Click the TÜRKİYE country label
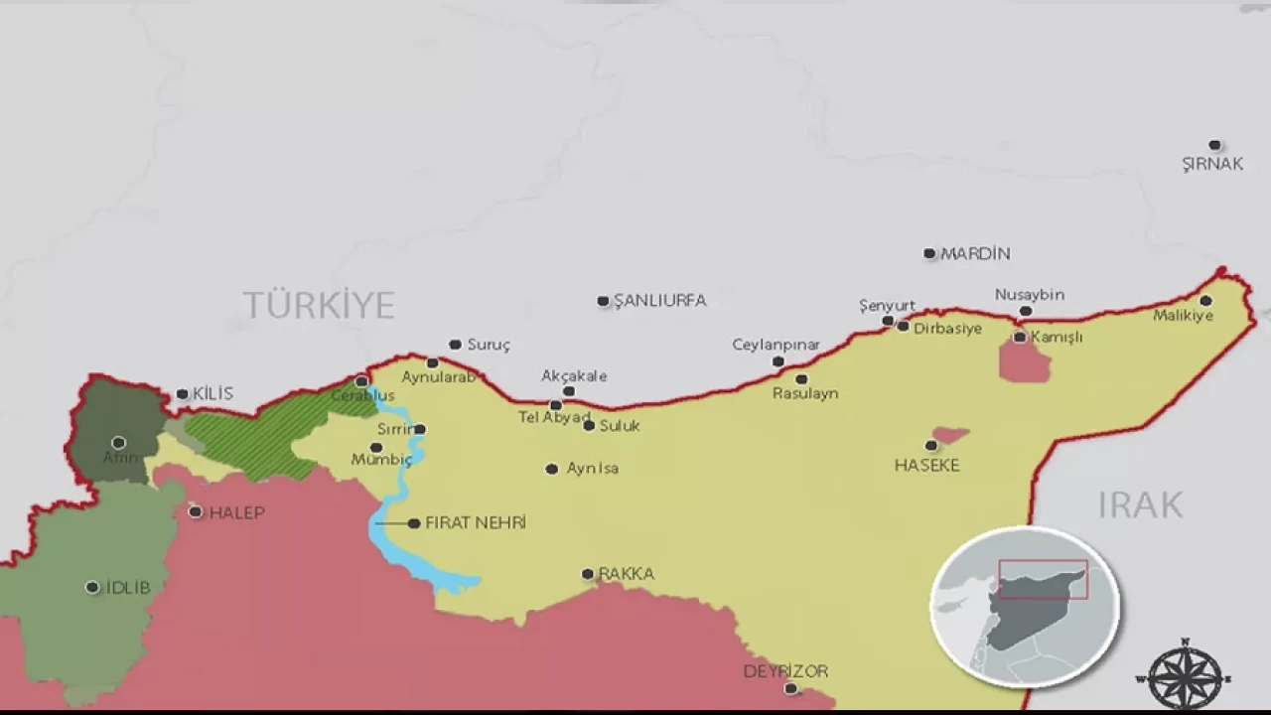pyautogui.click(x=319, y=305)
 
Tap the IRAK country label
pyautogui.click(x=1140, y=504)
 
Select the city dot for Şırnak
pyautogui.click(x=1214, y=145)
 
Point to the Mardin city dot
pyautogui.click(x=929, y=253)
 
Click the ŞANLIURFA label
pyautogui.click(x=660, y=301)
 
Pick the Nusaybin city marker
pyautogui.click(x=1026, y=311)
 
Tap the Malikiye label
pyautogui.click(x=1183, y=316)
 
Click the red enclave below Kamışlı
pyautogui.click(x=1025, y=362)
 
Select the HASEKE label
pyautogui.click(x=926, y=465)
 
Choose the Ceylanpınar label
pyautogui.click(x=776, y=345)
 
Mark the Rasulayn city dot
pyautogui.click(x=801, y=378)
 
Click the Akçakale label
pyautogui.click(x=574, y=376)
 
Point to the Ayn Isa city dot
pyautogui.click(x=552, y=469)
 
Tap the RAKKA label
pyautogui.click(x=627, y=574)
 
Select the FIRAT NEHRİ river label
pyautogui.click(x=476, y=523)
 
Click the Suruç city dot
pyautogui.click(x=455, y=345)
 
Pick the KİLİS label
pyautogui.click(x=212, y=394)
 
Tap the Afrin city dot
pyautogui.click(x=118, y=442)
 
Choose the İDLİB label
pyautogui.click(x=128, y=588)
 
